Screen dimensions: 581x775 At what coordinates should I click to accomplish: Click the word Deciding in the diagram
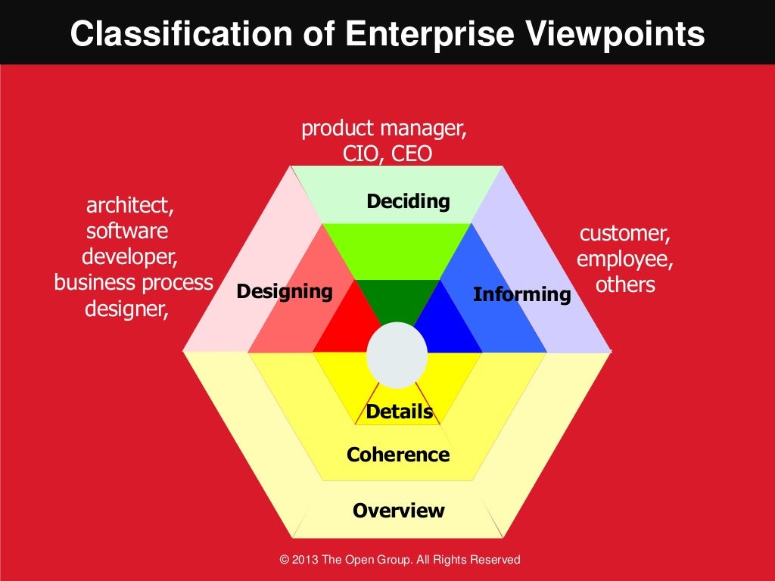[x=408, y=202]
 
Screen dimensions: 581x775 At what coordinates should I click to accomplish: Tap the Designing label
[x=284, y=291]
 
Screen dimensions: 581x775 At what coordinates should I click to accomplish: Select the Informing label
[x=521, y=294]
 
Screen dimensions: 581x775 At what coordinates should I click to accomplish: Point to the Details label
[x=399, y=412]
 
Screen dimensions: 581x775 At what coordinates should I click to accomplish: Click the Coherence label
[x=398, y=455]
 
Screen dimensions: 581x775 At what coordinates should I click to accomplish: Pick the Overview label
[x=398, y=511]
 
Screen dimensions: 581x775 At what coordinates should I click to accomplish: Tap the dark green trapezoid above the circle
[x=397, y=299]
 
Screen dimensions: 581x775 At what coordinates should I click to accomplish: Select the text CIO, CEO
[x=387, y=154]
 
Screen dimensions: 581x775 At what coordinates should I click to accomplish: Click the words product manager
[x=384, y=129]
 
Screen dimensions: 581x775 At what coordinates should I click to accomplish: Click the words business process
[x=134, y=282]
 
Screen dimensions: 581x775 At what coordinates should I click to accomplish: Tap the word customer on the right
[x=624, y=233]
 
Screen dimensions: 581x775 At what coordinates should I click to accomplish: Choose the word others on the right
[x=624, y=284]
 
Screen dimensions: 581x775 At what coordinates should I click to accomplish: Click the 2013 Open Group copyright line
[x=400, y=560]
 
